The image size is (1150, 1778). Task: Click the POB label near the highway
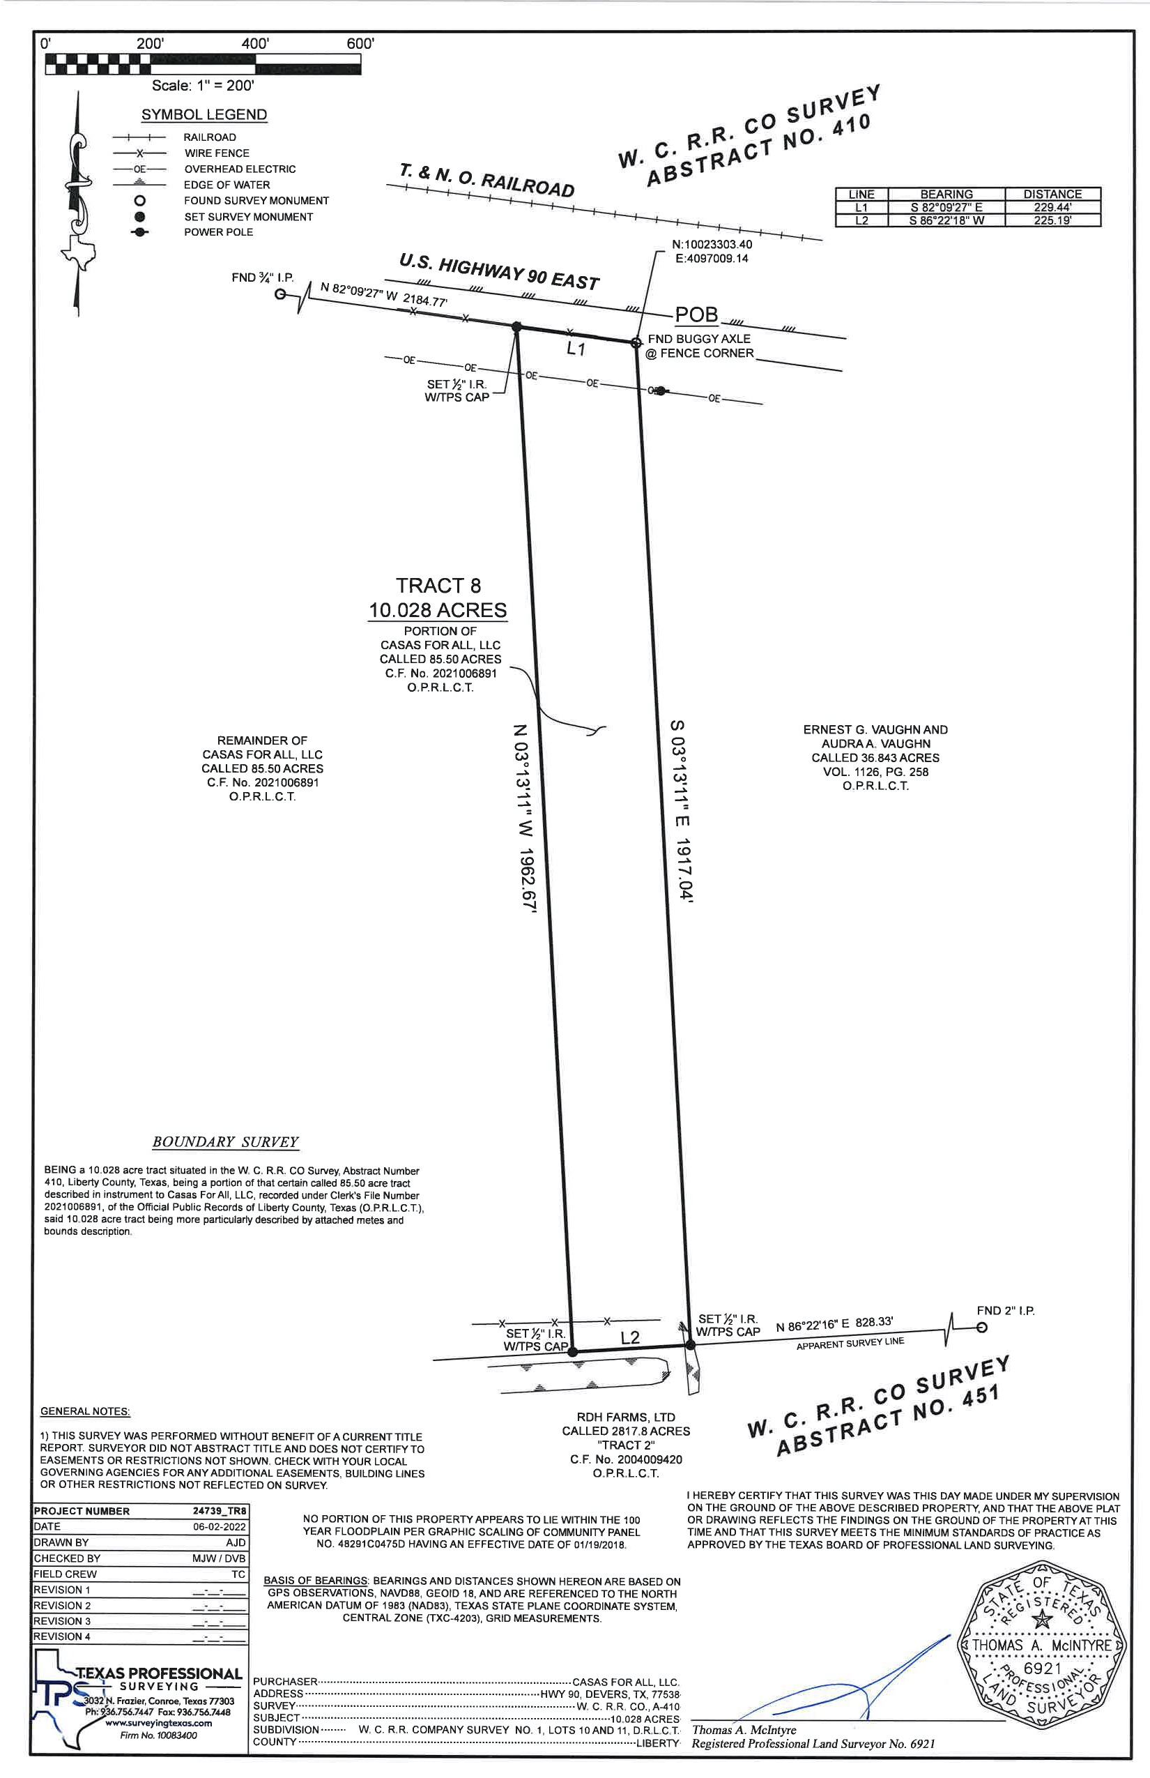click(696, 314)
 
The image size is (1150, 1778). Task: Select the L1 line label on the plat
click(575, 349)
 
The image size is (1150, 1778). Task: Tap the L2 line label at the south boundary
click(630, 1337)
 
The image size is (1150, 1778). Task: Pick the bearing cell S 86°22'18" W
click(945, 220)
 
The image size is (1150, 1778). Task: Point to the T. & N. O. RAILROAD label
click(487, 180)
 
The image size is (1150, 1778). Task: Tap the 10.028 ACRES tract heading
click(438, 610)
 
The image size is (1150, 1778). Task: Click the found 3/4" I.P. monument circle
click(280, 294)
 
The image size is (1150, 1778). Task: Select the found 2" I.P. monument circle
click(982, 1328)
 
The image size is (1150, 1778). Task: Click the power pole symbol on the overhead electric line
click(660, 390)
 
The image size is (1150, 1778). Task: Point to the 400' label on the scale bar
click(254, 44)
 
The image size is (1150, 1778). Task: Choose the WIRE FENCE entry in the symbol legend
click(217, 153)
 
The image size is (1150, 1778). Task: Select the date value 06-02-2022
click(220, 1526)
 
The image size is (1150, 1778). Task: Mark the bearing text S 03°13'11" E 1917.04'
click(680, 812)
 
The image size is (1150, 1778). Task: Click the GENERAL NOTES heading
click(84, 1411)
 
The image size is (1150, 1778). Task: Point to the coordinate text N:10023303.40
click(711, 244)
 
